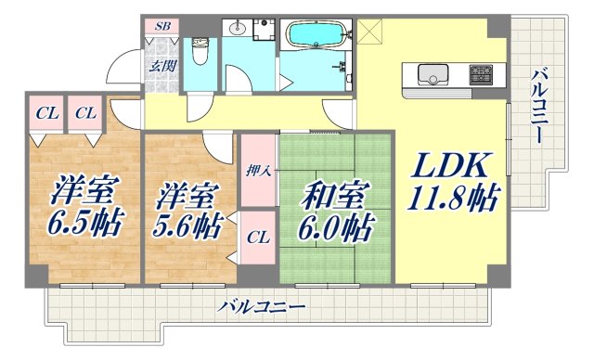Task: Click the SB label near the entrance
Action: [162, 27]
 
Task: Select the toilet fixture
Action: [199, 51]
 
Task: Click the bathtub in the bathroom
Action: [315, 35]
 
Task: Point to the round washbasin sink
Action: [239, 25]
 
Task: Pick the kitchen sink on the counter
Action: [433, 73]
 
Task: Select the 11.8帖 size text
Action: [452, 198]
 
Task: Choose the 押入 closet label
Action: [257, 172]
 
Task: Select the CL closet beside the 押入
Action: [257, 238]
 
